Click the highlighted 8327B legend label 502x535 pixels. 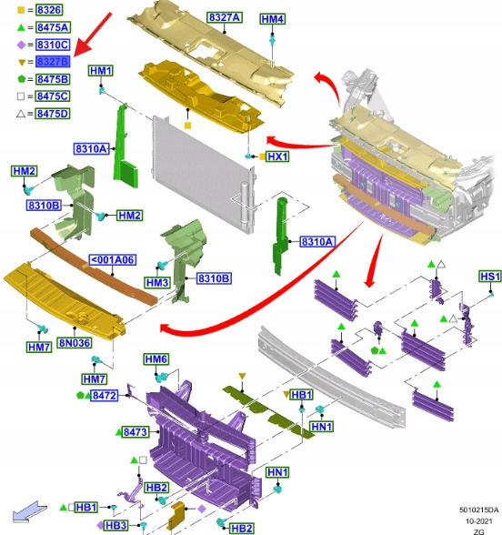[x=53, y=62]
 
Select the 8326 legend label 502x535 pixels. [x=49, y=10]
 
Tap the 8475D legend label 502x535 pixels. [x=53, y=113]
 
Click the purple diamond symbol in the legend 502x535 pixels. [x=21, y=45]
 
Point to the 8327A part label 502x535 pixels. [x=225, y=17]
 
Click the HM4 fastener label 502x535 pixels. [x=273, y=19]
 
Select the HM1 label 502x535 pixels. [x=101, y=71]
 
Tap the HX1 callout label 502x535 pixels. [x=277, y=156]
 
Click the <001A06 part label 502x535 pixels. [x=112, y=259]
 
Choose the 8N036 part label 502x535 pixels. [x=75, y=342]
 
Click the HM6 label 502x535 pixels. [x=156, y=358]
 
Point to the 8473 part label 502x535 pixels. [x=136, y=432]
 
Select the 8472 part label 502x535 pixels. [x=105, y=396]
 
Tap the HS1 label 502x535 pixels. [x=490, y=277]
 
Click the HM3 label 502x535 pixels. [x=157, y=282]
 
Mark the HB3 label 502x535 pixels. [x=116, y=526]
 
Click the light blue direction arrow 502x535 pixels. [x=29, y=510]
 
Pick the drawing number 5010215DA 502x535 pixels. [x=478, y=510]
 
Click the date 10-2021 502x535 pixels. [x=478, y=521]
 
